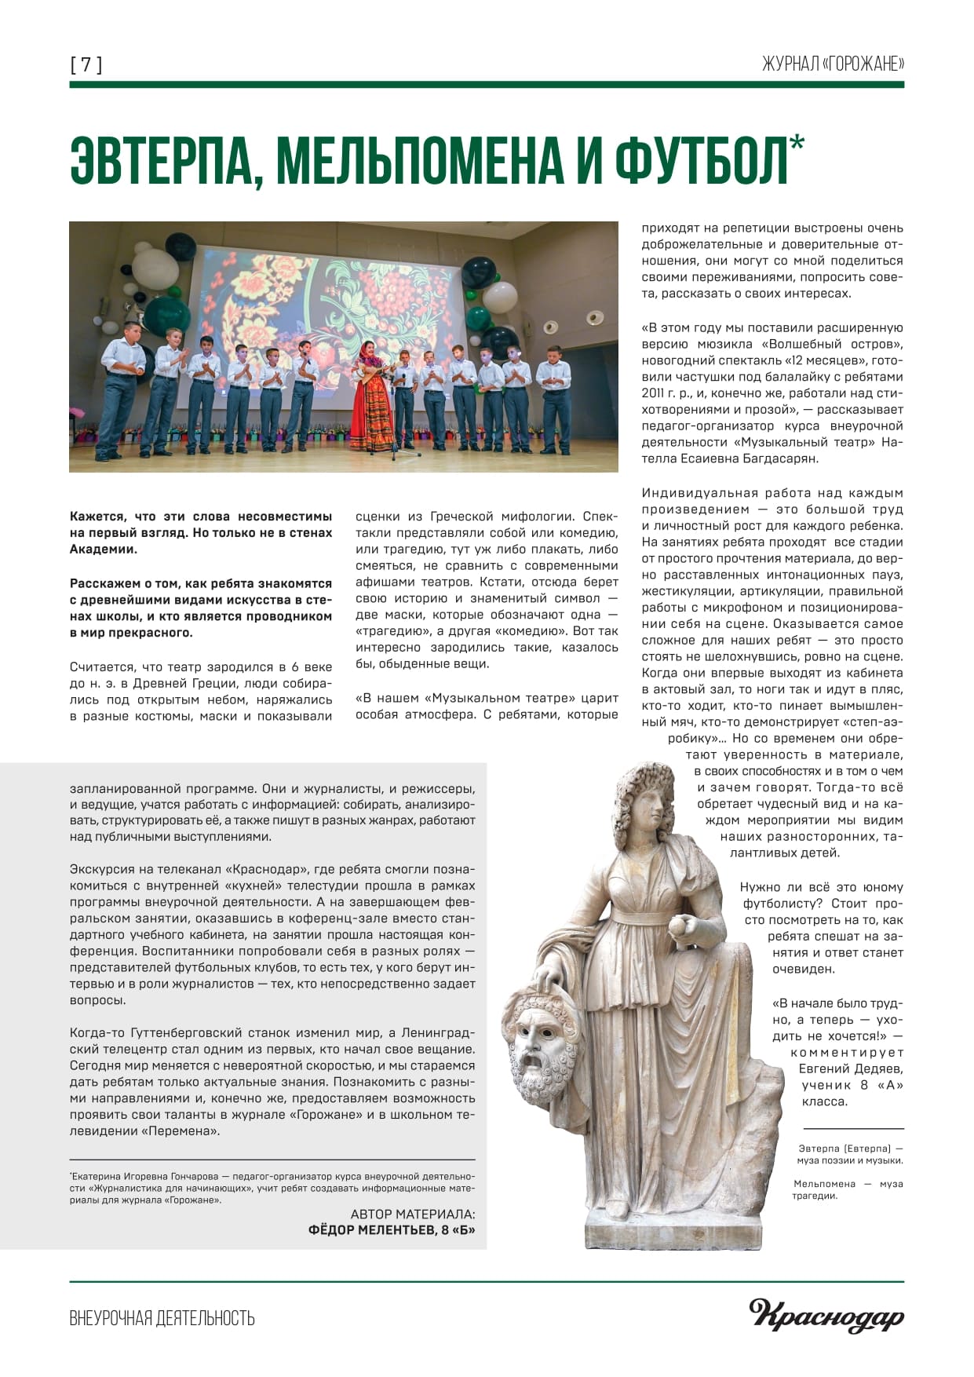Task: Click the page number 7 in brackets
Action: coord(86,65)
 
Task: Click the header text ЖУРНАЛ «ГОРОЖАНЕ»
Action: coord(833,64)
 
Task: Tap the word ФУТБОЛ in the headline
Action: coord(700,162)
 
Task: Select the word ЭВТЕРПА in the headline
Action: coord(163,162)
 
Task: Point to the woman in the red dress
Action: coord(372,396)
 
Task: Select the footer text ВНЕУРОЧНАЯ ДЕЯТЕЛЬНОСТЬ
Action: coord(162,1317)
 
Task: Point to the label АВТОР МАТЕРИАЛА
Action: coord(413,1214)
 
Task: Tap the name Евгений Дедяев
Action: coord(851,1068)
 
